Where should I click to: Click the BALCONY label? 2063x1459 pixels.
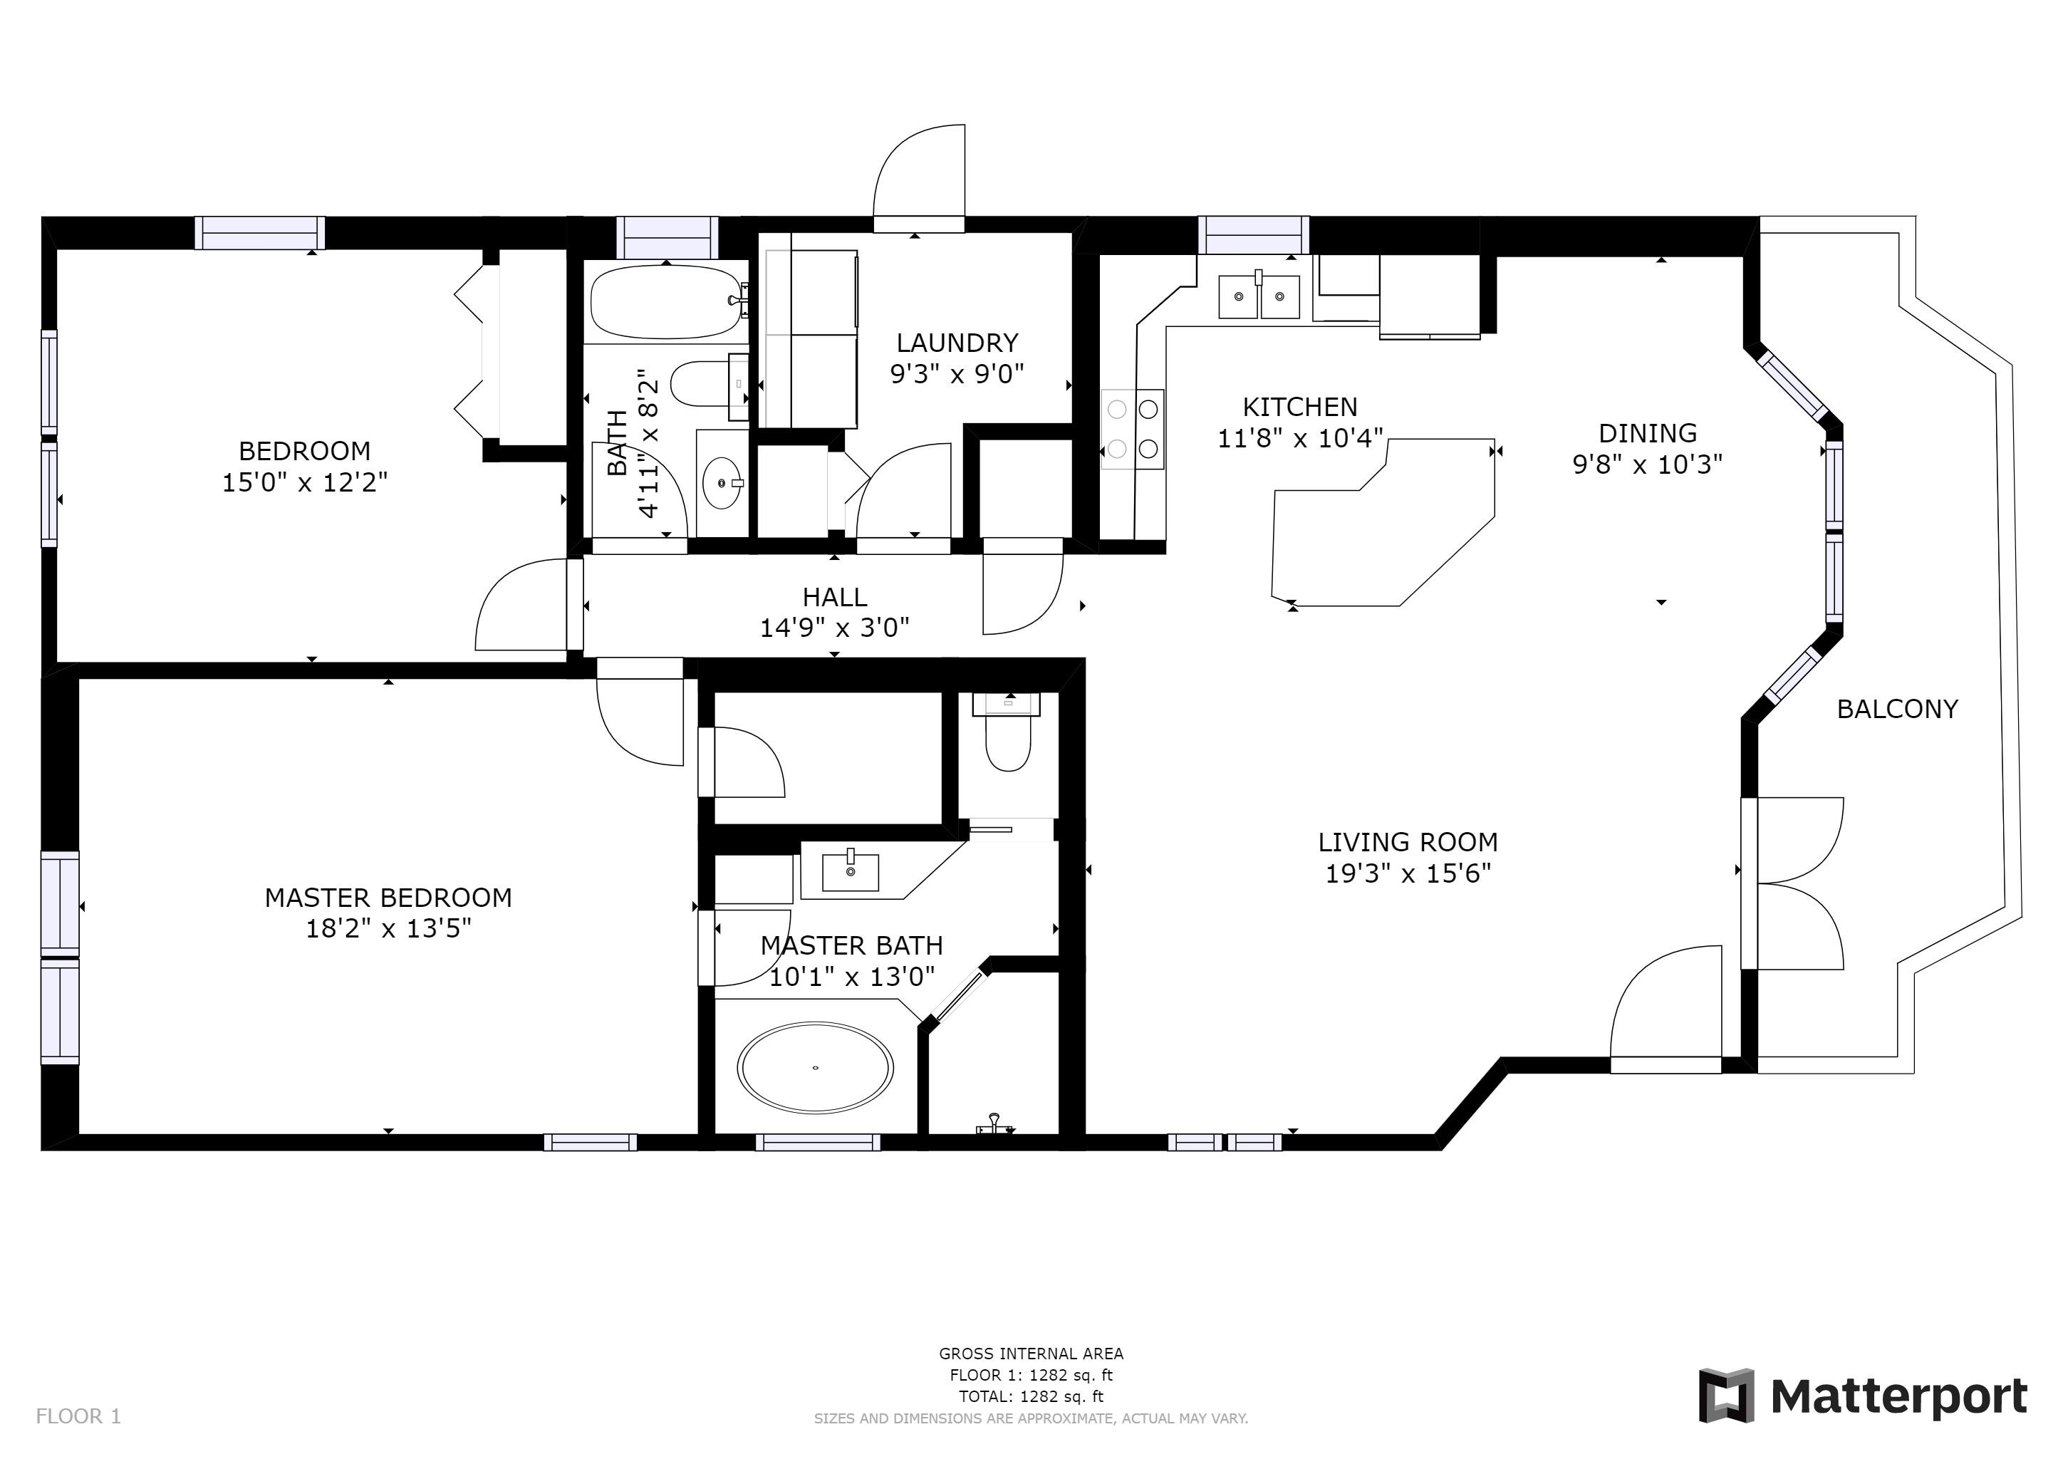pyautogui.click(x=1897, y=709)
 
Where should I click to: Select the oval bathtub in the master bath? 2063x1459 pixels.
pyautogui.click(x=815, y=1067)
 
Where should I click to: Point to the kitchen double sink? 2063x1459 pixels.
pyautogui.click(x=1258, y=296)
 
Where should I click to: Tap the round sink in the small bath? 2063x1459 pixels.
pyautogui.click(x=722, y=482)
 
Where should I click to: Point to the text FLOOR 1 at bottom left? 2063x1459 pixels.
pyautogui.click(x=78, y=1417)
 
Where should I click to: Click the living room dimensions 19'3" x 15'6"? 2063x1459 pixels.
pyautogui.click(x=1408, y=873)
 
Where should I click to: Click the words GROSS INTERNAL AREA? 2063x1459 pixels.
pyautogui.click(x=1031, y=1353)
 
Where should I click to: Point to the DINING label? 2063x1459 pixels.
pyautogui.click(x=1648, y=433)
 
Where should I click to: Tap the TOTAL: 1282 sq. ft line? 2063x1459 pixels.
pyautogui.click(x=1031, y=1396)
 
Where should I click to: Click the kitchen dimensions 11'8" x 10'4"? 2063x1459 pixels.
pyautogui.click(x=1299, y=438)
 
